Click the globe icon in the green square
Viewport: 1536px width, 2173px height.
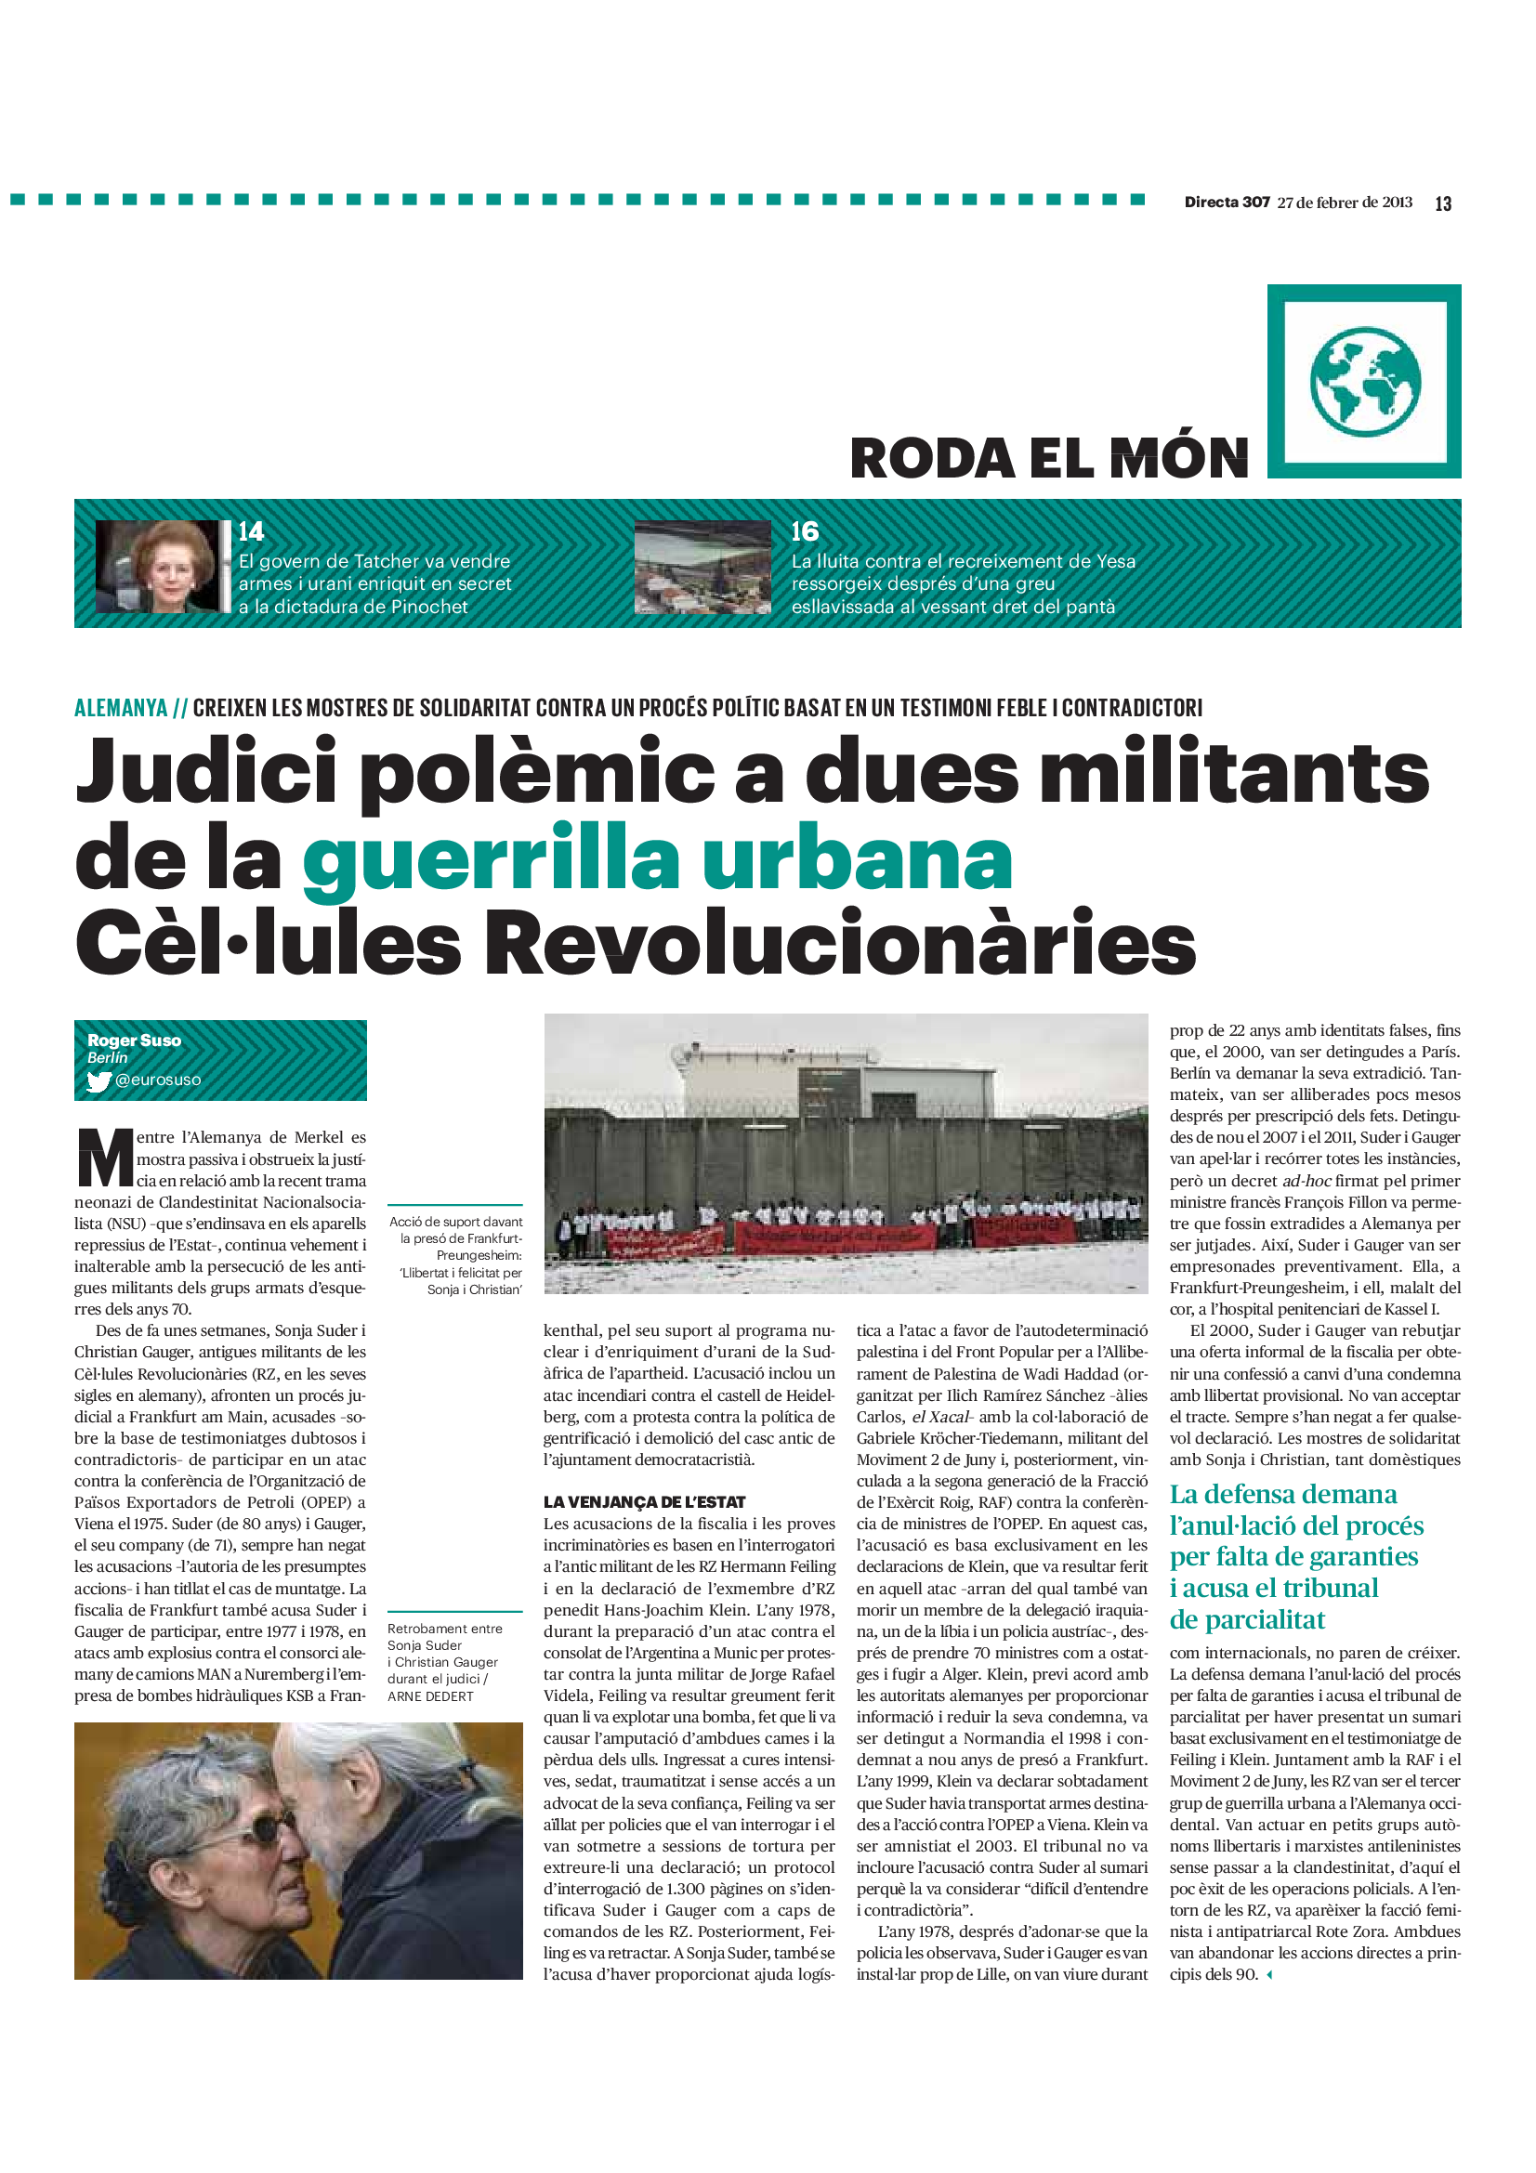pos(1365,382)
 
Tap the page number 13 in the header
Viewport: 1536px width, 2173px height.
pos(1443,203)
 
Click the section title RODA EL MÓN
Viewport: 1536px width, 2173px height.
pos(1048,459)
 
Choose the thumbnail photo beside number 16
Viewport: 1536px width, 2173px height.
pos(702,566)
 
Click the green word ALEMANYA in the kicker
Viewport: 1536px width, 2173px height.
pos(121,708)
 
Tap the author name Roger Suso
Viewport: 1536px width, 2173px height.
pos(135,1041)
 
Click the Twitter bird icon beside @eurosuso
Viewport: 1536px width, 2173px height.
pos(98,1080)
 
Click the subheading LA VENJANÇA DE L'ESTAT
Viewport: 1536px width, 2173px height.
pos(644,1502)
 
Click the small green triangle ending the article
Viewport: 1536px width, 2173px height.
pos(1269,1974)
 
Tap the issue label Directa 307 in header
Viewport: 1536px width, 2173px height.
pos(1227,203)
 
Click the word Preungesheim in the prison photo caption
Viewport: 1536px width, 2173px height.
pos(479,1255)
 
